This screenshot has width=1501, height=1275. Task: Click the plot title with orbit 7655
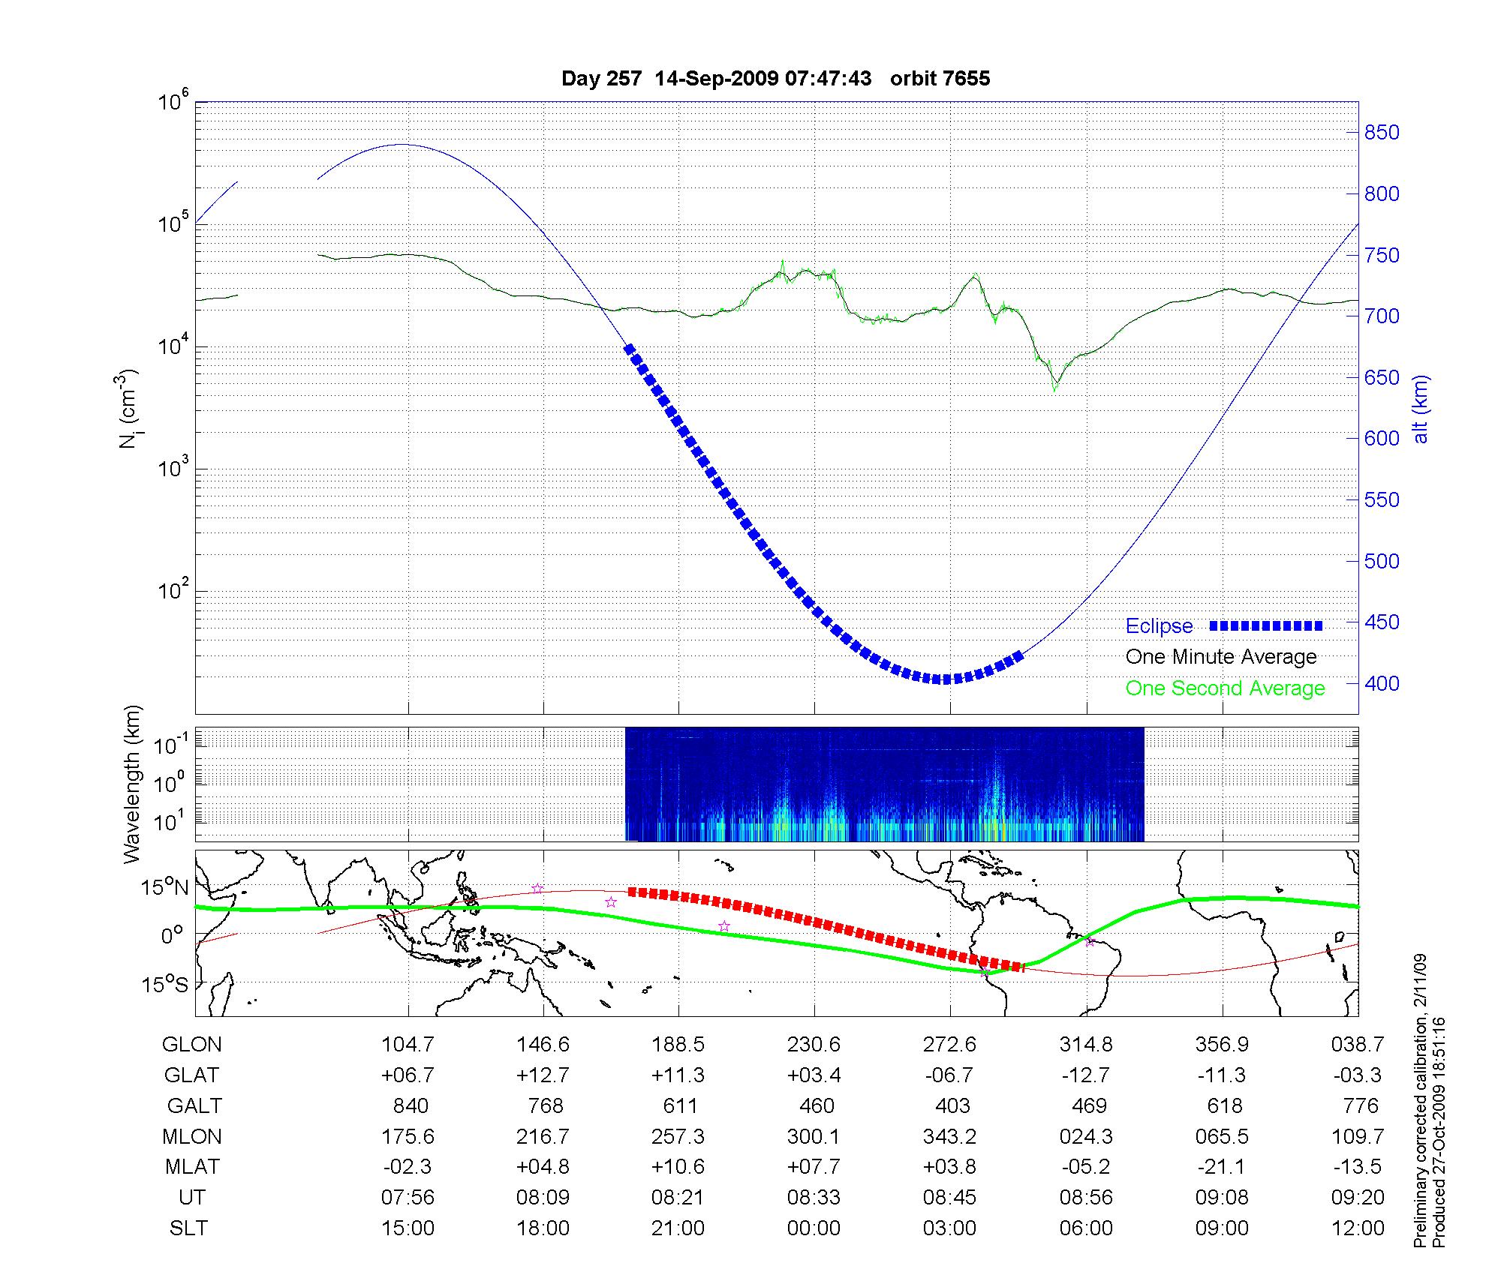tap(775, 79)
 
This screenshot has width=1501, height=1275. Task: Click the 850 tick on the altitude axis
tap(1382, 133)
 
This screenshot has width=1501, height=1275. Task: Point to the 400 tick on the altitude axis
tap(1382, 683)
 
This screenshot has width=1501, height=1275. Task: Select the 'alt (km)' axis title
tap(1420, 409)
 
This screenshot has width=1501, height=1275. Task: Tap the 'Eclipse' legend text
tap(1159, 626)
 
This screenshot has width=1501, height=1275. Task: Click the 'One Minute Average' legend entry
tap(1221, 657)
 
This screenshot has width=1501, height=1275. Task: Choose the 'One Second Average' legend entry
tap(1225, 688)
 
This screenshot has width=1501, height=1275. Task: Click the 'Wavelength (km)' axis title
tap(132, 784)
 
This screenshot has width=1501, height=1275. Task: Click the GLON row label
tap(192, 1045)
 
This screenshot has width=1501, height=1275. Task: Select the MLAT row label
tap(192, 1168)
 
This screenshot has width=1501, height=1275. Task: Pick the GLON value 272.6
tap(949, 1045)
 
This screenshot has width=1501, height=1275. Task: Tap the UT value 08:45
tap(949, 1198)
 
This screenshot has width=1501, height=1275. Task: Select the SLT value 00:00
tap(814, 1228)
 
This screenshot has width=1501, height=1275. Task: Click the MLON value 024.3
tap(1086, 1137)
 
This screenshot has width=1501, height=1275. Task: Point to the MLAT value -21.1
tap(1222, 1168)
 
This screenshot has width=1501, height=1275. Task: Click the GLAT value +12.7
tap(543, 1075)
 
